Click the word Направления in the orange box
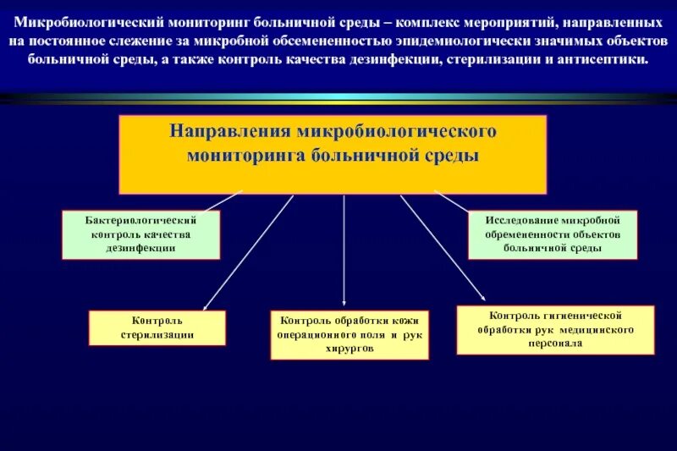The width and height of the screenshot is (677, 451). tap(228, 132)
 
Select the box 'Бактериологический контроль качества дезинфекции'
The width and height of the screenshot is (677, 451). tap(141, 234)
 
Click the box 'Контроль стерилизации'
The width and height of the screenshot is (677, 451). tap(157, 327)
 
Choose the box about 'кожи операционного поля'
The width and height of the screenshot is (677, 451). tap(350, 335)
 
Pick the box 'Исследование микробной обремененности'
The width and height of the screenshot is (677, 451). tap(552, 234)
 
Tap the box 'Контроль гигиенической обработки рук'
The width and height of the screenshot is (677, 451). tap(555, 329)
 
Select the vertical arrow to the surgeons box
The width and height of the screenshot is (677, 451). tap(344, 250)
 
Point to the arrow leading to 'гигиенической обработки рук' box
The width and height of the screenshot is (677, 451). tap(442, 247)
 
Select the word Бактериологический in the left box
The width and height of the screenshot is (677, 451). tap(141, 220)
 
